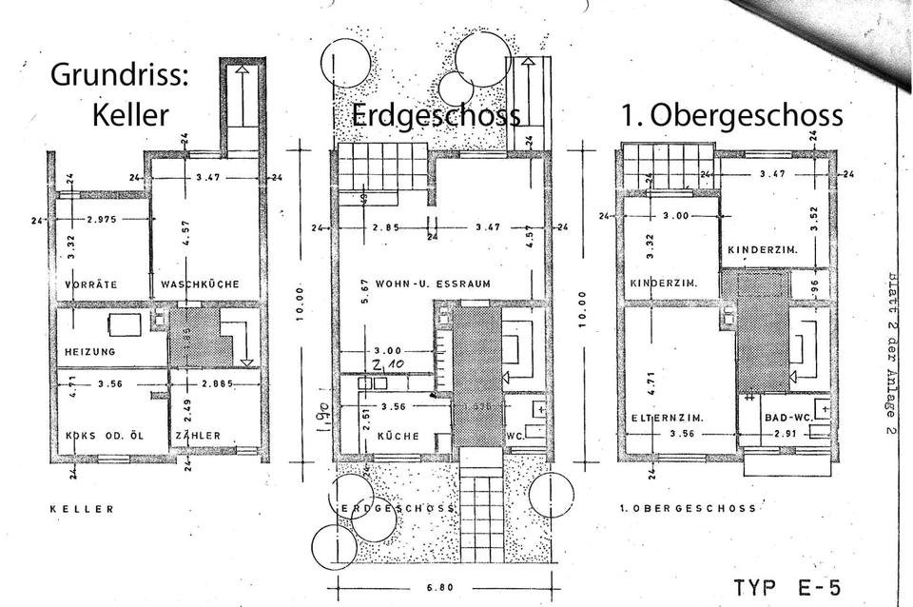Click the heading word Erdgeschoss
[x=436, y=115]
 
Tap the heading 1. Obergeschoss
[x=731, y=115]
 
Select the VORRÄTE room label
[x=91, y=284]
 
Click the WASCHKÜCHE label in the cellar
[x=200, y=284]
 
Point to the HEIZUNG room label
[x=89, y=351]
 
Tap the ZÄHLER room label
[x=197, y=436]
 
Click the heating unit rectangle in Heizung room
[x=126, y=324]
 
